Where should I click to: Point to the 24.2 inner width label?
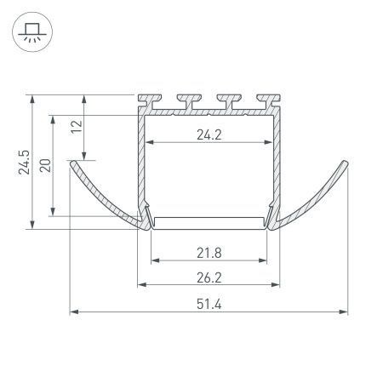[x=209, y=133]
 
